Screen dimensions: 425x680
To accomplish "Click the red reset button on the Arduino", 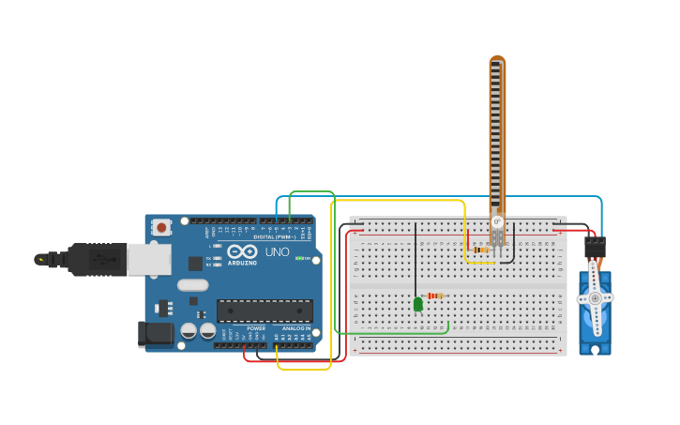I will click(x=162, y=227).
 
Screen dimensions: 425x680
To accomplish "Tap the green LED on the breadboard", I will click(x=417, y=303).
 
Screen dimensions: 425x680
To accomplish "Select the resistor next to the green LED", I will click(x=435, y=296).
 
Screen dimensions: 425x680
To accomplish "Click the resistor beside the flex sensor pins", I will click(x=482, y=250).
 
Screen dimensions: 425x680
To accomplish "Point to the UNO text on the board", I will click(x=278, y=252).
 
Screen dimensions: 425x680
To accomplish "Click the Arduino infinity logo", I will click(x=241, y=251).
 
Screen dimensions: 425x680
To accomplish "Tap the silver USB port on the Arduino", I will click(x=148, y=259).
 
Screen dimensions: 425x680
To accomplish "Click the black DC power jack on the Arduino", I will click(x=155, y=333).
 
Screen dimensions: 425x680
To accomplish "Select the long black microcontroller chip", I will click(x=264, y=311).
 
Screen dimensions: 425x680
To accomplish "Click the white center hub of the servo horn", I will click(x=595, y=298).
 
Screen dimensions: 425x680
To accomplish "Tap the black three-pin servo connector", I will click(x=595, y=248).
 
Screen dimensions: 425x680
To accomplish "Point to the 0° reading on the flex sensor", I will click(x=497, y=222).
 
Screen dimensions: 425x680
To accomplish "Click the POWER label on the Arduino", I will click(x=256, y=327).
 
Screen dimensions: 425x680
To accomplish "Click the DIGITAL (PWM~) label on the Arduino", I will click(x=272, y=237).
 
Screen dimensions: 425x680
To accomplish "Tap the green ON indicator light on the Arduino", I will click(x=299, y=258).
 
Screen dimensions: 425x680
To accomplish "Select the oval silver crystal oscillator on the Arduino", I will click(x=192, y=284).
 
